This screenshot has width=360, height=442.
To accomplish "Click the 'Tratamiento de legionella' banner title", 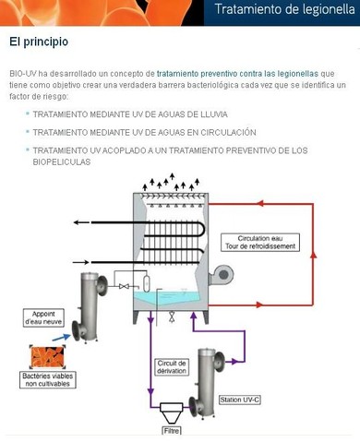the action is click(x=284, y=9).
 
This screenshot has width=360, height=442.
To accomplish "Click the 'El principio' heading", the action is click(x=39, y=42).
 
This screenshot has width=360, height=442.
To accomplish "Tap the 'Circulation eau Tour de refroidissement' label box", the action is click(x=260, y=243).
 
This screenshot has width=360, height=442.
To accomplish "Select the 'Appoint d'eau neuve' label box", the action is click(x=43, y=318).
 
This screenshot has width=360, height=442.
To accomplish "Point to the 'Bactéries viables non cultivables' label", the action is click(x=48, y=380).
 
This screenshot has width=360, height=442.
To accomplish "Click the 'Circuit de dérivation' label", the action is click(x=172, y=367).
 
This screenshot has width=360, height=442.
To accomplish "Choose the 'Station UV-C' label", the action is click(x=240, y=400).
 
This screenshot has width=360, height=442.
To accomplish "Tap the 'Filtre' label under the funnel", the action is click(x=172, y=431).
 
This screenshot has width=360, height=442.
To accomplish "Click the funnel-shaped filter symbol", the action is click(x=172, y=413).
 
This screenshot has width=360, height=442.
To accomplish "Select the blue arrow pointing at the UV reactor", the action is click(x=62, y=338).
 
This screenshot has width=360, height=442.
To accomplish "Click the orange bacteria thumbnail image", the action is click(x=47, y=357).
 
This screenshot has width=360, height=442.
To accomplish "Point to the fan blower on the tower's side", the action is click(x=221, y=275).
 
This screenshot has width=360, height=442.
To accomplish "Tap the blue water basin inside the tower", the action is click(x=168, y=298).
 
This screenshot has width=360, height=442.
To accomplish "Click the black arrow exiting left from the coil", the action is click(x=82, y=222).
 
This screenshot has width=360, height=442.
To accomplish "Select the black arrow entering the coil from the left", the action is click(x=81, y=262).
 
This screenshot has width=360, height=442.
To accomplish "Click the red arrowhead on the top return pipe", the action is click(x=260, y=203).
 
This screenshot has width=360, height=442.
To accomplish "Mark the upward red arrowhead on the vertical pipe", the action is click(x=313, y=255).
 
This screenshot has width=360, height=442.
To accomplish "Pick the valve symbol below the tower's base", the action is click(x=172, y=317).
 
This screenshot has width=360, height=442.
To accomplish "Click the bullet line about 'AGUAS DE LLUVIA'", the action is click(x=130, y=114).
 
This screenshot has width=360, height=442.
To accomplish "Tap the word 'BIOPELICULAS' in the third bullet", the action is click(x=62, y=162).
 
